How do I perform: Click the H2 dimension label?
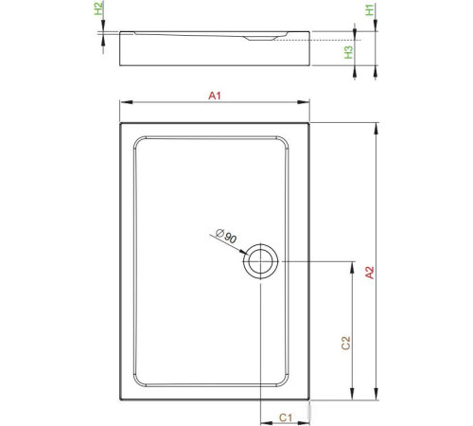pos(101,11)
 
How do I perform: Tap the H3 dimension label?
pos(349,53)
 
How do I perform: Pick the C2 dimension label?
pos(345,343)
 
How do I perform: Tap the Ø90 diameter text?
pos(226,235)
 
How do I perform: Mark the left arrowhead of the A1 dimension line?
pos(123,103)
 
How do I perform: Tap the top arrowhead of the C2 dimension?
pos(353,265)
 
